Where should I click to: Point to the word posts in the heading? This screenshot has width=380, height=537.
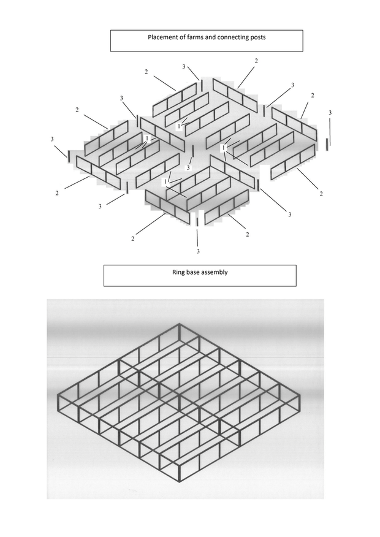point(259,37)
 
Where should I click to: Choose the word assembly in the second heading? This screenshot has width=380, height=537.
point(215,273)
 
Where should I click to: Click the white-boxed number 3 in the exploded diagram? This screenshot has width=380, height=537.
point(188,168)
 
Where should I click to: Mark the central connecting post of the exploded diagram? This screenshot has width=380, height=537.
point(193,151)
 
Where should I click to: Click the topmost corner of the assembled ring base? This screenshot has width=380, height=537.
point(180,324)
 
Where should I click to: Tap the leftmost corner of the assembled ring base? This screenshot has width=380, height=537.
point(58,396)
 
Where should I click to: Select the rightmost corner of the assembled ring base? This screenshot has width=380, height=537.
point(300,396)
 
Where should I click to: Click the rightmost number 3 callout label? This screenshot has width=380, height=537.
point(330,113)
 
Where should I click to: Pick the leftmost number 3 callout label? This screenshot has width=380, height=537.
point(52,139)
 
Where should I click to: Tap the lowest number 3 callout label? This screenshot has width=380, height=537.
point(198,251)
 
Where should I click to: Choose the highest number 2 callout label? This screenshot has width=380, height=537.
point(256,61)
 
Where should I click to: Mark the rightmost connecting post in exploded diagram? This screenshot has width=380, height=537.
point(327,145)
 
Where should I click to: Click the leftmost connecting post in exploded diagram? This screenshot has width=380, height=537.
point(69,156)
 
